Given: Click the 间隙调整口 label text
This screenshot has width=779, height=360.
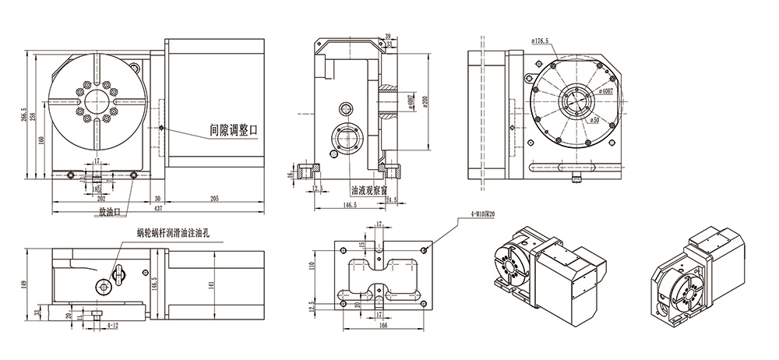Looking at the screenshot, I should tap(233, 129).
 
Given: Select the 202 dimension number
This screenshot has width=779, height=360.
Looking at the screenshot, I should tap(99, 199).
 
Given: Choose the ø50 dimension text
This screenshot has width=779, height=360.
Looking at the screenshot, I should tap(594, 120).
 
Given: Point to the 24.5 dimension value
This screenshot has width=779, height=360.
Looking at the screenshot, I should tap(393, 199).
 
